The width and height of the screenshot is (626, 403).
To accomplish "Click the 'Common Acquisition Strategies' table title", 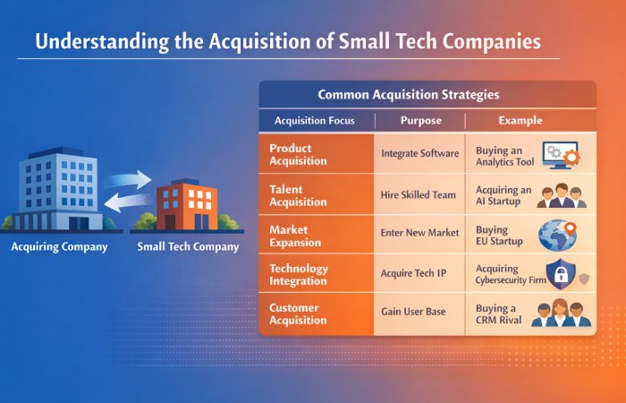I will click(x=427, y=94).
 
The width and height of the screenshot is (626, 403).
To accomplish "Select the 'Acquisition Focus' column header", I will click(x=314, y=120).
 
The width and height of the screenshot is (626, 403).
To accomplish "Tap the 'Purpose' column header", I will click(x=420, y=120).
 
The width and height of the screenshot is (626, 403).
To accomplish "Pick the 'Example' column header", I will click(x=520, y=120).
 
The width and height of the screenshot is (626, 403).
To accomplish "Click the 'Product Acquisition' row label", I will click(x=299, y=154).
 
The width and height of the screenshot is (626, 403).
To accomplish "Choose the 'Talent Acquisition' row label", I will click(x=299, y=195).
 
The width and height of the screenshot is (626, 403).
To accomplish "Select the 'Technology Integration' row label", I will click(x=299, y=275).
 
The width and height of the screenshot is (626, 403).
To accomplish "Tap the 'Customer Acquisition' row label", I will click(x=299, y=314).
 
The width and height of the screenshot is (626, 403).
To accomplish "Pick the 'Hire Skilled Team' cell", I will click(x=419, y=195).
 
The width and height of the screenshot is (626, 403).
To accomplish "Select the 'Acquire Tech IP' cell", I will click(x=414, y=274).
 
